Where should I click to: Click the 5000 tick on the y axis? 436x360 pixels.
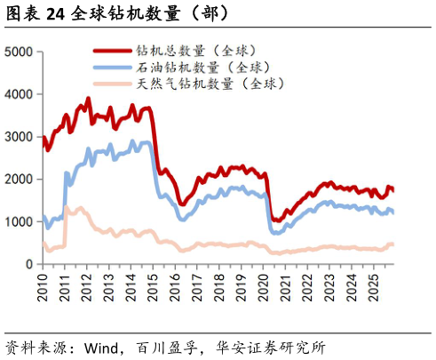[19, 52]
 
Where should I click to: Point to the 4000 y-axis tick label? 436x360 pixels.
[19, 94]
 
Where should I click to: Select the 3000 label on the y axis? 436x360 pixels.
[19, 137]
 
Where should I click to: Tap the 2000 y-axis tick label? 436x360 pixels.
[19, 180]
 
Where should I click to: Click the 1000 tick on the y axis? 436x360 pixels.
[19, 222]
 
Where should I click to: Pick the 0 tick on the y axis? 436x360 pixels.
[28, 264]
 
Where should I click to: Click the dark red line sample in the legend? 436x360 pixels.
[111, 52]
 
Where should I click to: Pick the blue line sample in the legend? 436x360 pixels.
[111, 68]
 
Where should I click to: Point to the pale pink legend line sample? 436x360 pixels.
[111, 84]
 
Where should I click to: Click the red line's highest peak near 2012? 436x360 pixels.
[88, 99]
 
